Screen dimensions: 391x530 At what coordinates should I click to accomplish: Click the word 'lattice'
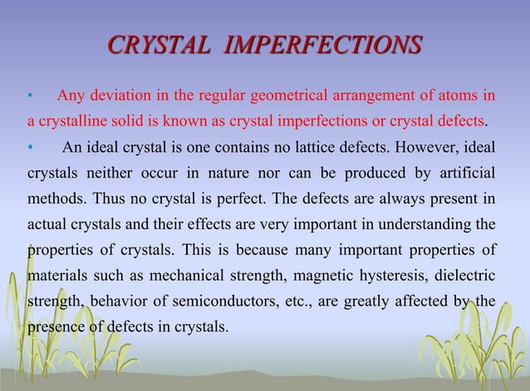tap(307, 149)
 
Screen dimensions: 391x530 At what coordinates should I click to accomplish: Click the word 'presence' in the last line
tap(56, 325)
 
